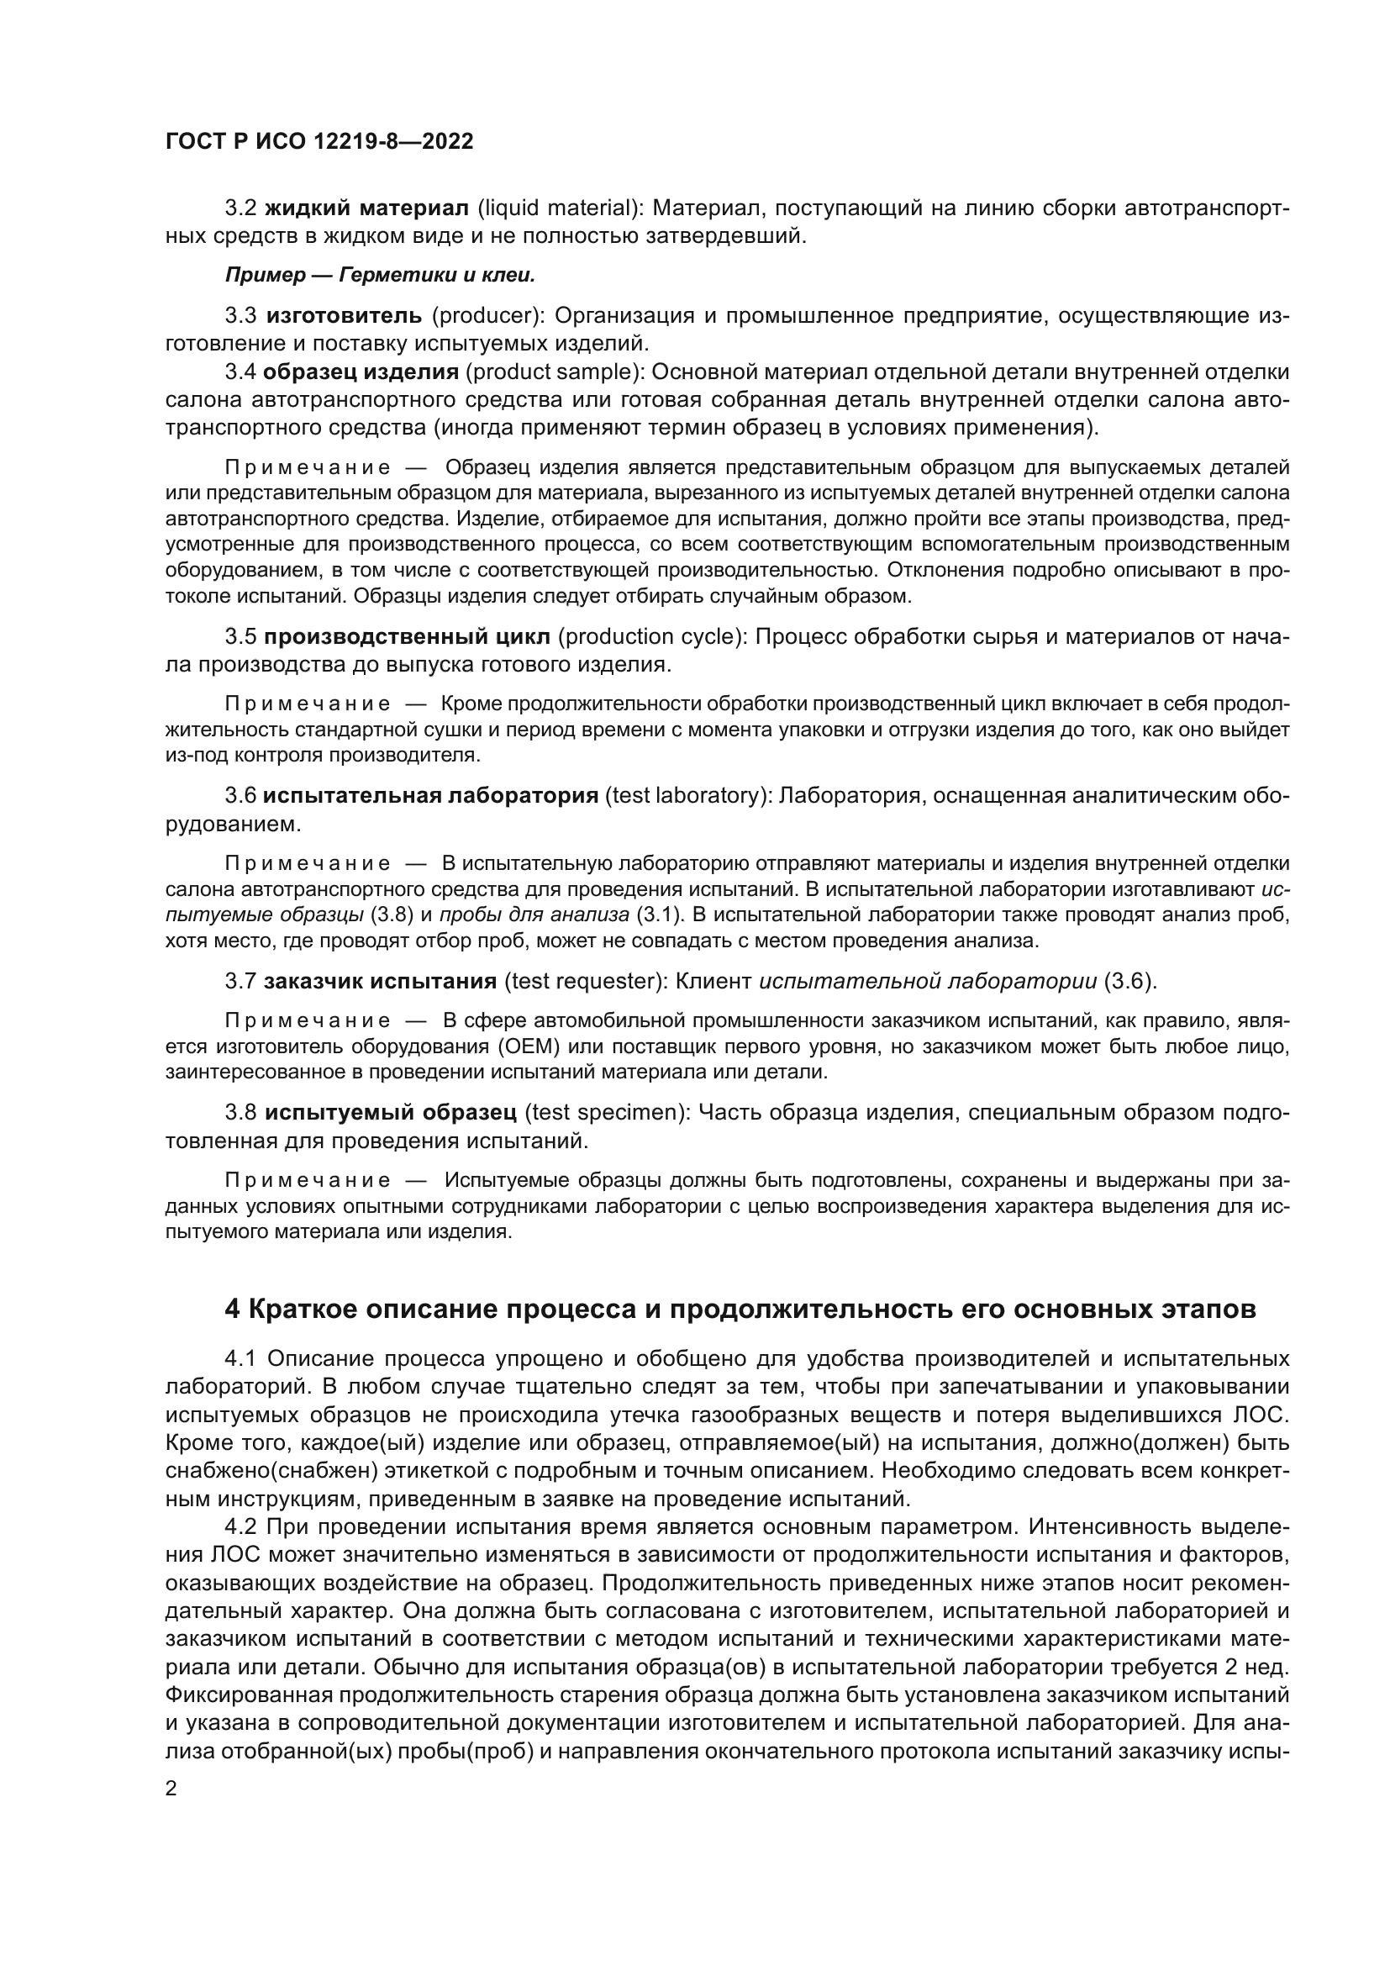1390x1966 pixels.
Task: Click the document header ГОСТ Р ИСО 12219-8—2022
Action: coord(319,142)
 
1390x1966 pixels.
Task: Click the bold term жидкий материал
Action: coord(366,208)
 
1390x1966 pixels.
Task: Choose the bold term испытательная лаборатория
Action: coord(429,795)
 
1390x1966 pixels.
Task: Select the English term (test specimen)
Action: coord(608,1112)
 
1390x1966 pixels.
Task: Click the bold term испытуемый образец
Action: coord(390,1112)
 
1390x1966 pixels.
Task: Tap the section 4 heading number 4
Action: coord(232,1310)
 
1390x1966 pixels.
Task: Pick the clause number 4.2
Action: coord(241,1526)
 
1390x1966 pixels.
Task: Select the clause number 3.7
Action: coord(240,980)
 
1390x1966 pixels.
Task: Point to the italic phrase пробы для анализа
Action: coord(534,914)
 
